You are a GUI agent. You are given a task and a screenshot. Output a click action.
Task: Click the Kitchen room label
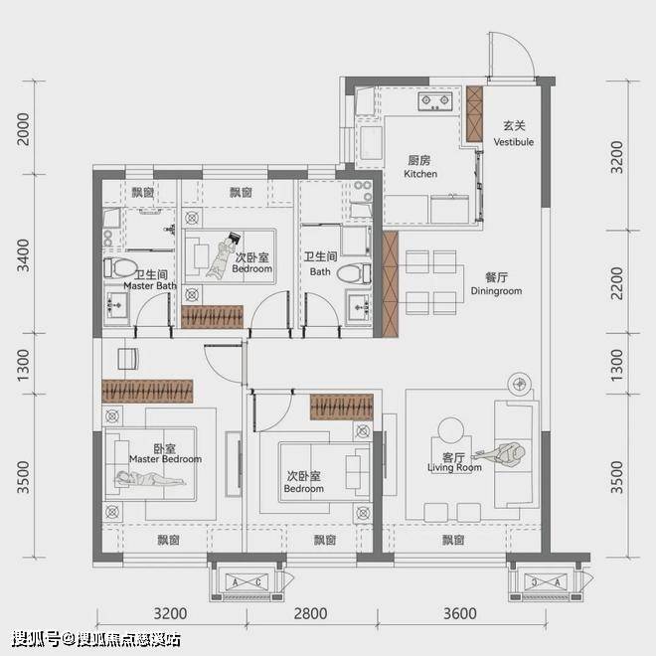tap(420, 174)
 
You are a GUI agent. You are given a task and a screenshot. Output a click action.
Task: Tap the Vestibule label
tap(513, 142)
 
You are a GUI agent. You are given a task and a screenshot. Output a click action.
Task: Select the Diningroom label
tap(496, 291)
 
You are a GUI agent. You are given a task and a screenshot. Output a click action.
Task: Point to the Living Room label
tap(454, 467)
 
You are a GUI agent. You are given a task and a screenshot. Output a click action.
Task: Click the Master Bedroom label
tap(165, 459)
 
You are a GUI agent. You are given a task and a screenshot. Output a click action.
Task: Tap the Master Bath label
tap(150, 285)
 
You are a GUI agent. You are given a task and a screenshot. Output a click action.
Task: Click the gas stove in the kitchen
tap(435, 101)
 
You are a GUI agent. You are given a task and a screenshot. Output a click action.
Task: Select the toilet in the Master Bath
tap(120, 267)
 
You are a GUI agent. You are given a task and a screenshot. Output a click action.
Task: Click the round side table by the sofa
tap(451, 429)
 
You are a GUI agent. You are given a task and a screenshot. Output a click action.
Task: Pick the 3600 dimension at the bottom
tap(460, 613)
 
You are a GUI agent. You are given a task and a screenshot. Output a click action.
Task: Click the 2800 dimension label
tap(310, 613)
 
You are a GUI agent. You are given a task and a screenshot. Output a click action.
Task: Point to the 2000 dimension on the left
tap(24, 129)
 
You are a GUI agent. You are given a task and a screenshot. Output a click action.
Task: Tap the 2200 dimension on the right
tap(617, 283)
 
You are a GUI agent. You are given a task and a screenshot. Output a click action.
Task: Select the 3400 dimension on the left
tap(24, 255)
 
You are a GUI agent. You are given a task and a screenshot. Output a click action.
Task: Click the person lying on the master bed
tap(150, 479)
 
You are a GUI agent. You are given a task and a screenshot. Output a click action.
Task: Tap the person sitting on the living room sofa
tap(501, 453)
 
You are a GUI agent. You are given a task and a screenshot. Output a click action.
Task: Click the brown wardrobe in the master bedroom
tap(147, 392)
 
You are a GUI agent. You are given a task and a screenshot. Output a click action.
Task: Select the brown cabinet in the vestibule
tap(474, 113)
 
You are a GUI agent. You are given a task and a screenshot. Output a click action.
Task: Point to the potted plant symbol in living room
tap(520, 384)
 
